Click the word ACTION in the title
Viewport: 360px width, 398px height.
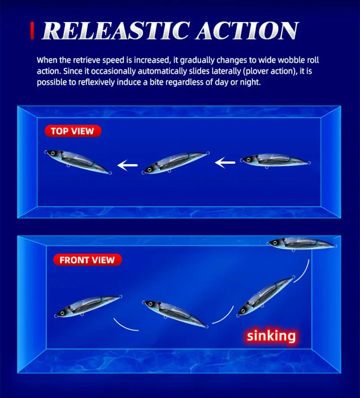click(x=246, y=31)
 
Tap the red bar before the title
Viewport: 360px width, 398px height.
click(x=32, y=30)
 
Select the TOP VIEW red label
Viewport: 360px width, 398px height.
click(x=72, y=131)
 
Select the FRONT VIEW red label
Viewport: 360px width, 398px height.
click(x=87, y=260)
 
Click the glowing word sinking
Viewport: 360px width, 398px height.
click(x=272, y=335)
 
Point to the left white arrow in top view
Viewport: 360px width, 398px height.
click(x=128, y=166)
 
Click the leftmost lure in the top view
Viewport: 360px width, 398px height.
click(x=77, y=161)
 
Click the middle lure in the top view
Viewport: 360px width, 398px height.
click(x=176, y=163)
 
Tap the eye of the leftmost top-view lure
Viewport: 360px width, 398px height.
click(x=53, y=153)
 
